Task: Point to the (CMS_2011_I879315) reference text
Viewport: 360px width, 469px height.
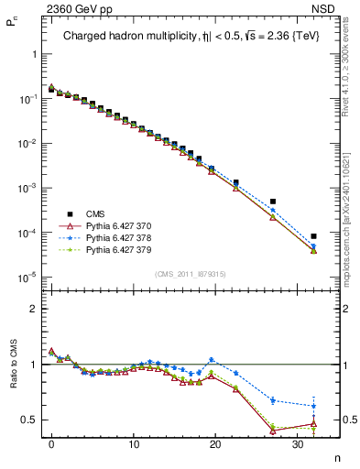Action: [191, 274]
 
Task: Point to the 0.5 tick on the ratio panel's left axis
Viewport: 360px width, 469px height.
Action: [29, 420]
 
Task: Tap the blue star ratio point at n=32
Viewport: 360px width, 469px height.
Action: [313, 406]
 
